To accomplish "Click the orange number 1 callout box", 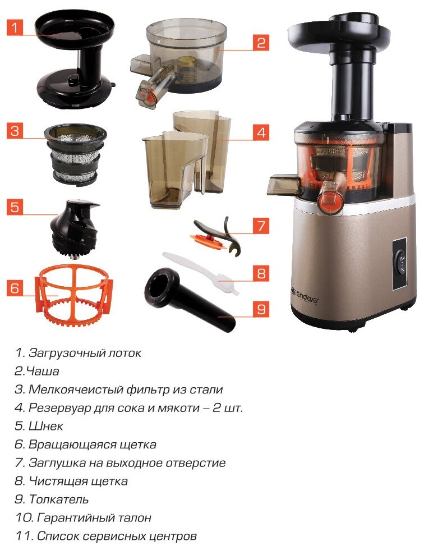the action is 15,27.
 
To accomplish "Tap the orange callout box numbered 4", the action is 261,132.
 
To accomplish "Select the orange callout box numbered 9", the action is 261,309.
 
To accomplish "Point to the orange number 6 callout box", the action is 15,287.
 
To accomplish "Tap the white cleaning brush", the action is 200,272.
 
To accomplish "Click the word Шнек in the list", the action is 46,426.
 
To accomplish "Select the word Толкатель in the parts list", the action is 58,499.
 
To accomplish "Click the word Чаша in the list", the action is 43,371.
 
